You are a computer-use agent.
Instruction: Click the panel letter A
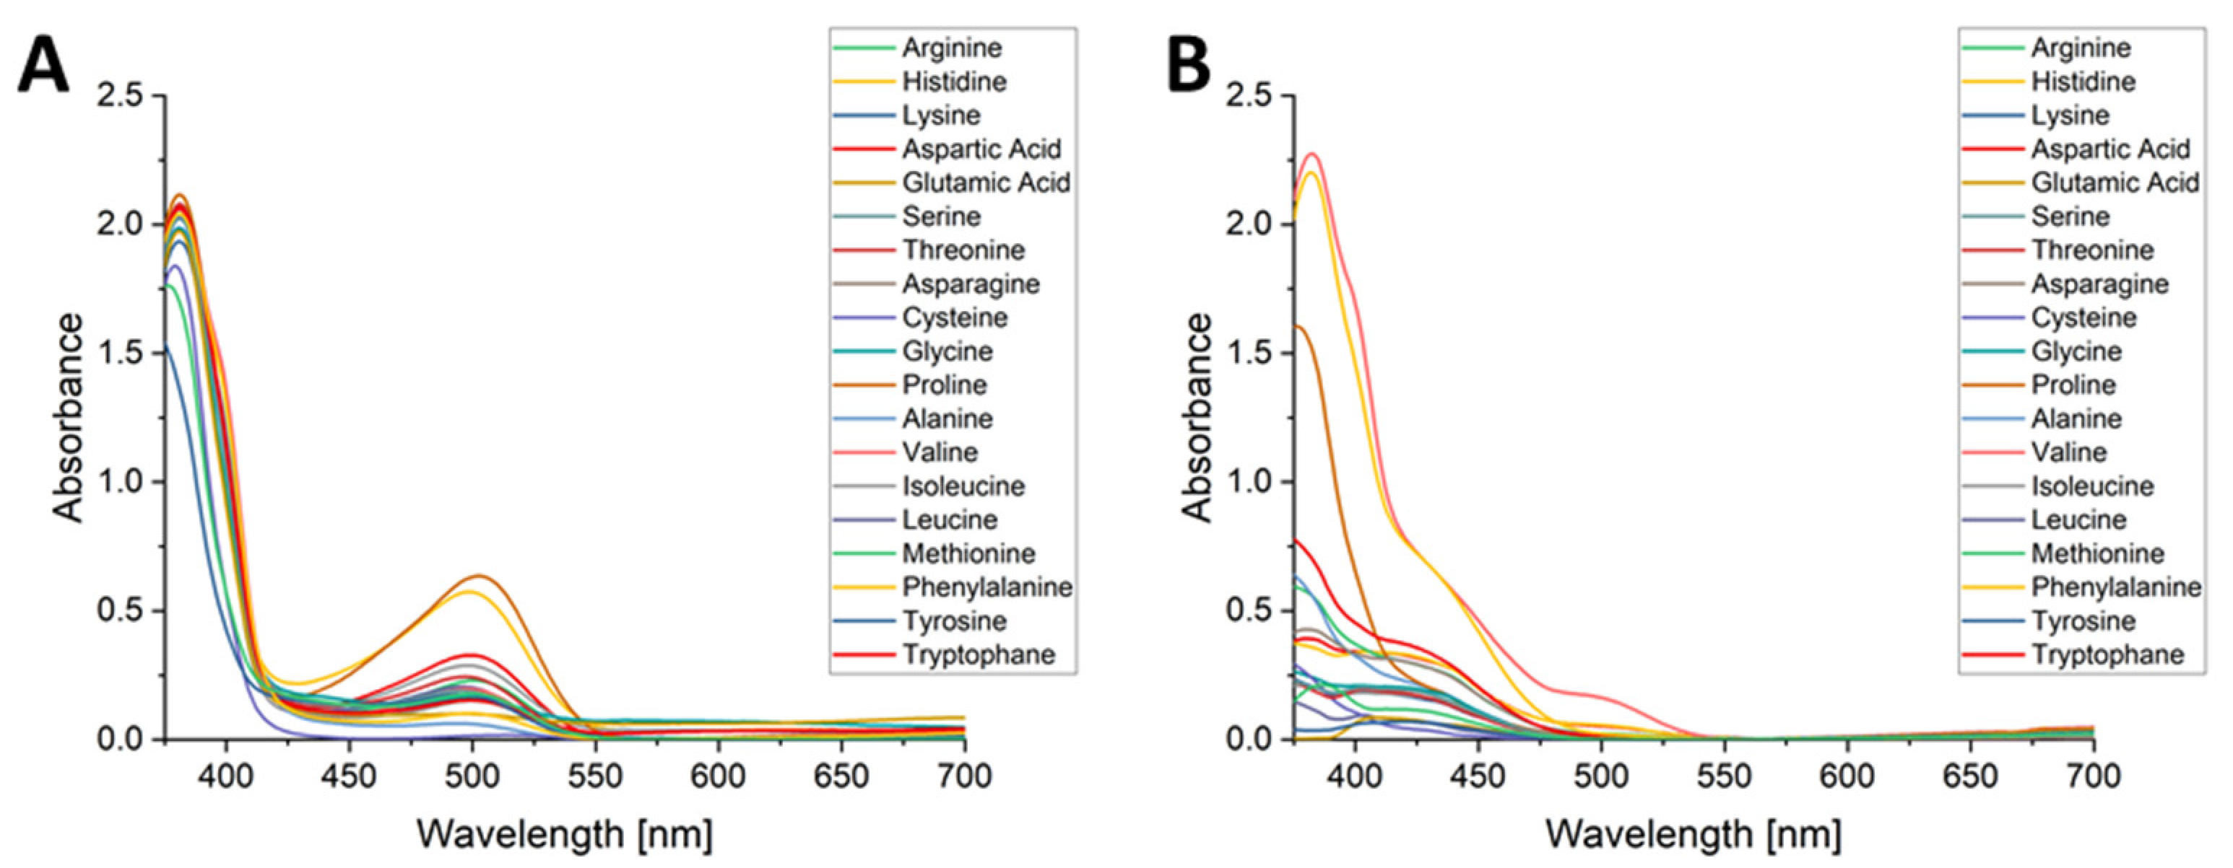[43, 66]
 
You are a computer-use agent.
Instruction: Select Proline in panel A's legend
[944, 385]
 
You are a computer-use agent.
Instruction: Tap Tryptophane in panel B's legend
[2107, 655]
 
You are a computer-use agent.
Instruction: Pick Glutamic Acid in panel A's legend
[986, 183]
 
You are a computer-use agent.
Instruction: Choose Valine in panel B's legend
[2068, 452]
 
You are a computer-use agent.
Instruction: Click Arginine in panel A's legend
[951, 48]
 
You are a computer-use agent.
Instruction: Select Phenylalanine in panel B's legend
[2115, 587]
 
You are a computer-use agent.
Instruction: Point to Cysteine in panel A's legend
[955, 318]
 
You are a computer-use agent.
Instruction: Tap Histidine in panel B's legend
[2083, 82]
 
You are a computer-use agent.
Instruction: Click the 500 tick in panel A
[472, 776]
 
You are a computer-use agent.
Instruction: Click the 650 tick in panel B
[1970, 776]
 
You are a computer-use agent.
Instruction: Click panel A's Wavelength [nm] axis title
[564, 835]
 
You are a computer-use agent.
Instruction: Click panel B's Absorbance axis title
[1197, 418]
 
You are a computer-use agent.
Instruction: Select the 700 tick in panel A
[965, 776]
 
